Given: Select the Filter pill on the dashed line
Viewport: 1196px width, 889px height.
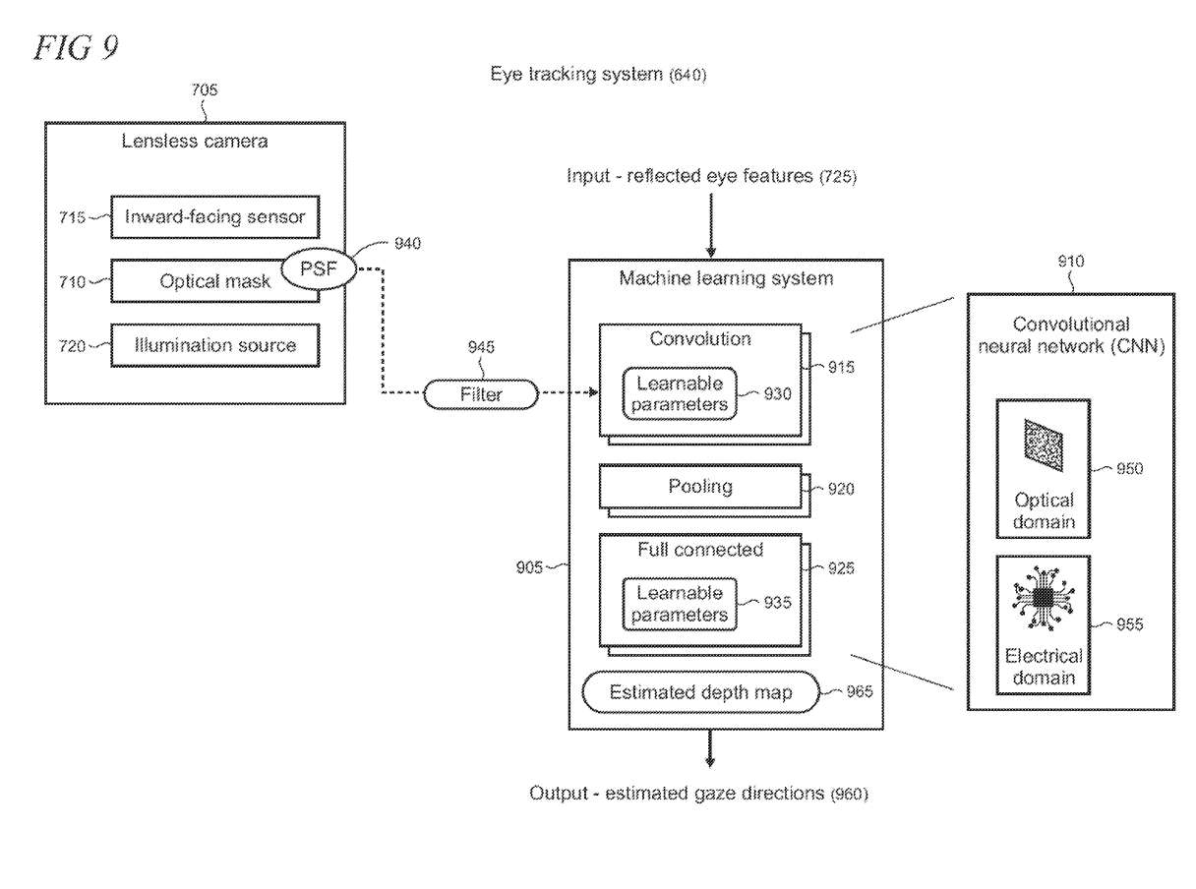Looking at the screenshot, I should point(481,395).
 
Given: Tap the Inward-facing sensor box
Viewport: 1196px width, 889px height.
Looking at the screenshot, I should point(216,217).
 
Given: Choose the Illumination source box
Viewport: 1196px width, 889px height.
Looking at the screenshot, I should point(216,345).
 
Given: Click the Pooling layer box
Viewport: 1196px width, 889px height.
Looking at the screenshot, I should point(700,487).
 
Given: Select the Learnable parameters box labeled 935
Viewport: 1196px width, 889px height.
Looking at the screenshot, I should point(679,604).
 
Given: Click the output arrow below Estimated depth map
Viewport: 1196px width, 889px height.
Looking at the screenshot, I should point(710,747).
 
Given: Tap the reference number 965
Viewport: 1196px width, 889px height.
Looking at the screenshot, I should point(858,692).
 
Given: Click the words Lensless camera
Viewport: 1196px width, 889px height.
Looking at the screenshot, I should point(195,141).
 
